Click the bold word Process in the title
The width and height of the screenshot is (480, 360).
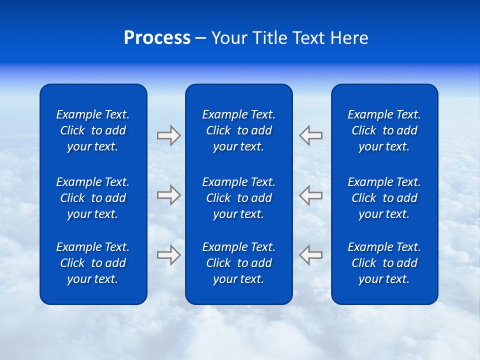[x=157, y=38]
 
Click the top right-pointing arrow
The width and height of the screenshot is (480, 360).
[x=168, y=135]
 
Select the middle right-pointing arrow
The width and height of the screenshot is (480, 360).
[x=168, y=194]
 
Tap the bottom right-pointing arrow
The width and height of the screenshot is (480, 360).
[x=168, y=254]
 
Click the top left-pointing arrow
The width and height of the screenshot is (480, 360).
[x=311, y=135]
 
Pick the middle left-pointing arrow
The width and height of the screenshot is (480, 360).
[x=311, y=194]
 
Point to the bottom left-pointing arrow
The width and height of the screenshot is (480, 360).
[x=311, y=254]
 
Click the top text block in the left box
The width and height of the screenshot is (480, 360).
[x=93, y=130]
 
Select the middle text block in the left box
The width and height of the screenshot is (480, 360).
[x=93, y=198]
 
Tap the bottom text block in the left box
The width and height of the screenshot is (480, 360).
[x=93, y=263]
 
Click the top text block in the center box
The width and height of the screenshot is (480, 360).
[x=238, y=130]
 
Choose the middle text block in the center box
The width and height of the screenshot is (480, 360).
[x=238, y=198]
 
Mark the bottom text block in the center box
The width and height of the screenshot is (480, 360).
[x=238, y=263]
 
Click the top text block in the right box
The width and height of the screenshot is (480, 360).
[x=384, y=130]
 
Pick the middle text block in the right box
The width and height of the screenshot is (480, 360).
[x=384, y=198]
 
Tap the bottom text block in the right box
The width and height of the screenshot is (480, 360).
[x=384, y=263]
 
